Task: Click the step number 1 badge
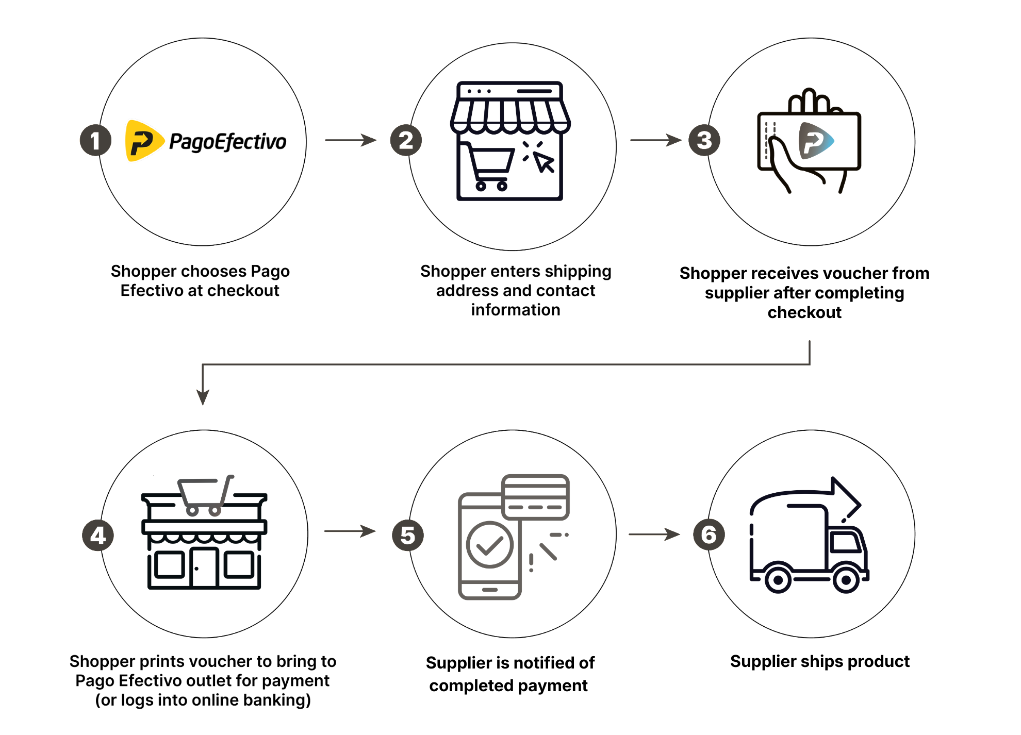(95, 140)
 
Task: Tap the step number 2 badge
(406, 140)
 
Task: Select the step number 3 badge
(704, 140)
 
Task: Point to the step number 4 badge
(98, 536)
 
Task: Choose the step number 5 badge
(408, 536)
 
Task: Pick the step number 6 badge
(709, 535)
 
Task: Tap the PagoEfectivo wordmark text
(227, 142)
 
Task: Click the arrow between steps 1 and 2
(351, 140)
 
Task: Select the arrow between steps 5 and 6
(654, 534)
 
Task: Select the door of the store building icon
(204, 568)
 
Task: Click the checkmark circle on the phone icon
(489, 545)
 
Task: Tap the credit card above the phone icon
(535, 497)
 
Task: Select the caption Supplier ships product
(819, 661)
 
